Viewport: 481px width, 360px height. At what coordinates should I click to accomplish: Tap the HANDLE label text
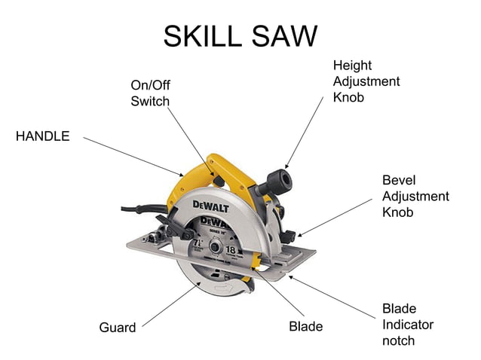click(x=43, y=136)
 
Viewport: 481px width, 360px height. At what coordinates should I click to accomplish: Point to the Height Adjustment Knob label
click(x=366, y=81)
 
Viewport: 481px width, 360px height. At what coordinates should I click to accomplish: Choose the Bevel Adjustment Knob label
click(x=415, y=197)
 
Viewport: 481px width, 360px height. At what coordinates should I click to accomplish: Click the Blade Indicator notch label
click(x=407, y=325)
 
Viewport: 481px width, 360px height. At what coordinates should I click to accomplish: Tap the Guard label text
click(x=118, y=328)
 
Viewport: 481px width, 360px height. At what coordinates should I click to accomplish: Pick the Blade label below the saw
click(x=305, y=327)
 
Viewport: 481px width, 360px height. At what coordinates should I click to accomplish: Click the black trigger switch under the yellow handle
click(x=216, y=181)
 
